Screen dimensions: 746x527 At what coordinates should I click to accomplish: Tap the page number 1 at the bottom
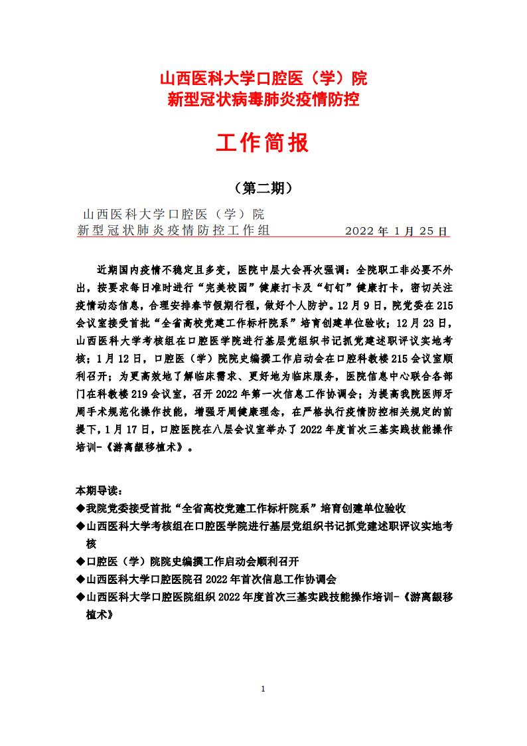click(x=263, y=688)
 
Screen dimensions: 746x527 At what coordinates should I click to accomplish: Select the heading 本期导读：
click(x=99, y=492)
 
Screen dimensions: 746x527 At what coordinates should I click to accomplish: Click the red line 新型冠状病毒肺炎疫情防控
click(x=263, y=100)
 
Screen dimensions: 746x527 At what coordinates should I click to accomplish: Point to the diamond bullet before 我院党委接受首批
click(x=80, y=508)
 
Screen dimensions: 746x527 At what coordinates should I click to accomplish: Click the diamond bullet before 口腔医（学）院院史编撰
click(x=80, y=561)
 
